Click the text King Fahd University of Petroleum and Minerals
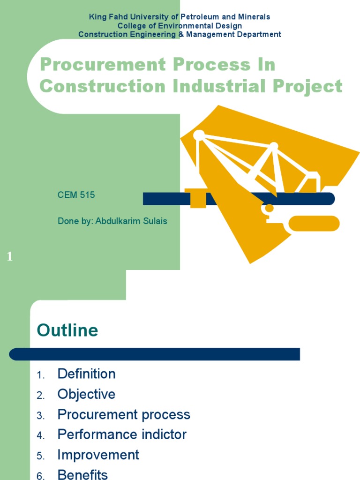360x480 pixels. [x=180, y=17]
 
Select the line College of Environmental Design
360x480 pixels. [x=180, y=26]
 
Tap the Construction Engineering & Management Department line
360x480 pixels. [x=180, y=34]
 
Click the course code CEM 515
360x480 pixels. [x=76, y=195]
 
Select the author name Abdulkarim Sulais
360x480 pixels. [x=131, y=221]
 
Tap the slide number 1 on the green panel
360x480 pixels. [x=10, y=256]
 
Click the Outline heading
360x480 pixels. [x=67, y=330]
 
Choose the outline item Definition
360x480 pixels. [x=86, y=374]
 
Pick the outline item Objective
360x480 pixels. [x=86, y=394]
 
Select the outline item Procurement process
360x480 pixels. [x=124, y=414]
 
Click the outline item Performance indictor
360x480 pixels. [x=122, y=435]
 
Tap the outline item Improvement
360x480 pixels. [x=98, y=455]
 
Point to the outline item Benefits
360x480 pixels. [x=82, y=474]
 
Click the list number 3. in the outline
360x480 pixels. [x=41, y=416]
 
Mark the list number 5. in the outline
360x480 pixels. [x=41, y=456]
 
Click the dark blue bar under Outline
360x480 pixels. [x=155, y=354]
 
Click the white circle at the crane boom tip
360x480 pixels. [x=199, y=135]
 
